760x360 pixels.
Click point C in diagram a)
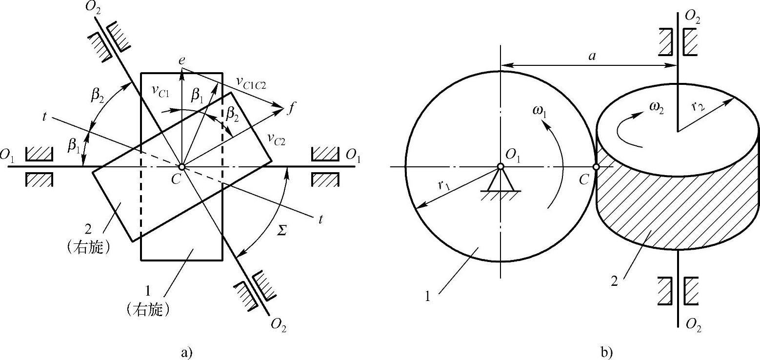(182, 167)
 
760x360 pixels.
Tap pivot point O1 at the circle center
(500, 166)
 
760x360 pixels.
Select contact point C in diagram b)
(596, 167)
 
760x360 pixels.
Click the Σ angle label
(281, 230)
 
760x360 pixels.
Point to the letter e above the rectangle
(182, 60)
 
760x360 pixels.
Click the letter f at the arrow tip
(290, 109)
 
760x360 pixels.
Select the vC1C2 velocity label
(251, 82)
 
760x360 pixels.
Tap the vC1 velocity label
(160, 91)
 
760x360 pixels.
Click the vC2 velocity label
(276, 139)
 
